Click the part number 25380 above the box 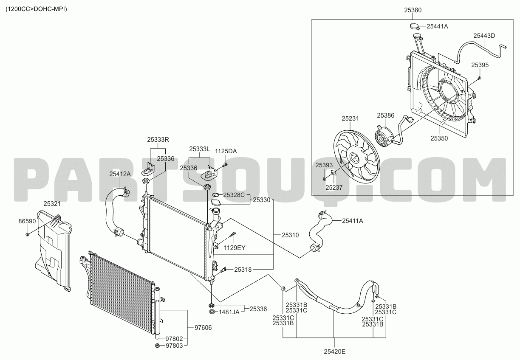click(x=413, y=10)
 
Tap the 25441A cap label click(x=437, y=26)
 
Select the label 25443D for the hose click(x=484, y=36)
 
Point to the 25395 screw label click(x=480, y=65)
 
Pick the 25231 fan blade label click(x=350, y=118)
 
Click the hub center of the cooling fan click(x=354, y=159)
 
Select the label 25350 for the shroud click(x=439, y=138)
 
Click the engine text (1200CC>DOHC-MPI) click(x=36, y=9)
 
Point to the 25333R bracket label click(x=158, y=140)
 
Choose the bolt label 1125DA click(x=226, y=151)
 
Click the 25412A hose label click(x=120, y=174)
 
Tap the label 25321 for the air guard click(x=52, y=204)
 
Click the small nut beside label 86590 click(x=27, y=234)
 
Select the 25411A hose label click(x=353, y=221)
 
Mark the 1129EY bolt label click(x=235, y=248)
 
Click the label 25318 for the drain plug click(x=243, y=270)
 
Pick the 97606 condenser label click(x=203, y=328)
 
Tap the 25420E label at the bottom click(x=335, y=352)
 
